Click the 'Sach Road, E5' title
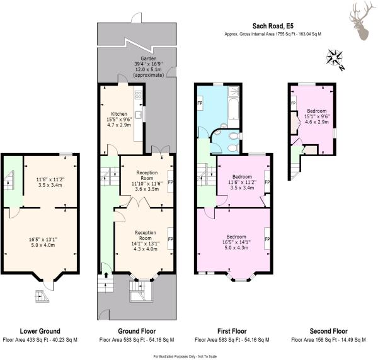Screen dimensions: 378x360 click(273, 26)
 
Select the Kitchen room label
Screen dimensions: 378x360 click(119, 119)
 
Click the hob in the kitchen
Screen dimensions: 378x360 click(138, 94)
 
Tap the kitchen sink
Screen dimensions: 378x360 click(138, 115)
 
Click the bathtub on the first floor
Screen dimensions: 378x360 click(233, 110)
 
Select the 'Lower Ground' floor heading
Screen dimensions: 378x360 click(40, 331)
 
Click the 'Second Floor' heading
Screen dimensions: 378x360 click(329, 331)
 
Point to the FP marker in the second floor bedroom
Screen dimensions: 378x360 click(294, 103)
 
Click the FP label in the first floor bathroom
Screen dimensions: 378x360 click(200, 103)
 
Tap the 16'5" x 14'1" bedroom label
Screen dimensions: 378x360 click(236, 242)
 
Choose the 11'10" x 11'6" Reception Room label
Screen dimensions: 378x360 click(147, 181)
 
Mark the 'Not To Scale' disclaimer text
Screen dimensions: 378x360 click(208, 356)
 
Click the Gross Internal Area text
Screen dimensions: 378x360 click(273, 34)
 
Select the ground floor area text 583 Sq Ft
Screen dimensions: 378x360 click(137, 340)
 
